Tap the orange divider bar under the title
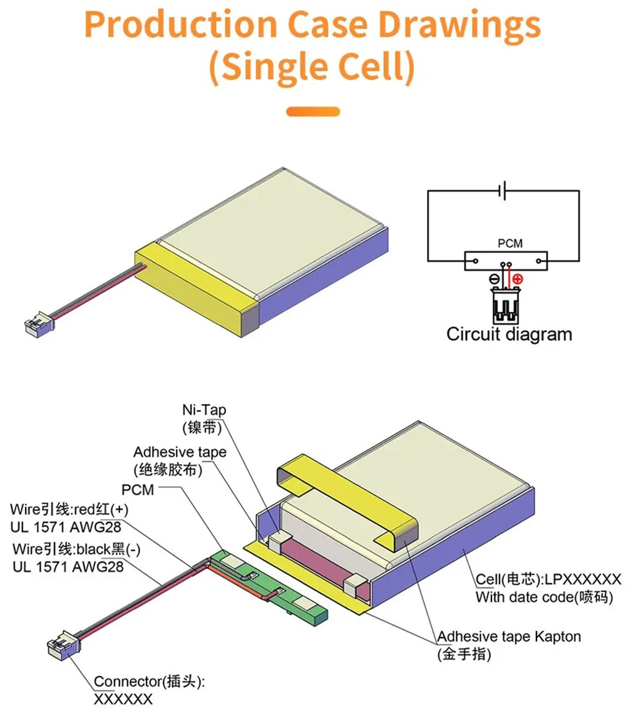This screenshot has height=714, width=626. point(313,111)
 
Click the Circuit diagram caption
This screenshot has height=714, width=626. point(509,334)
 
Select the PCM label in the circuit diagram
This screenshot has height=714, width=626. point(510,243)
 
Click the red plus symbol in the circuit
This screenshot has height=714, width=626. point(518,279)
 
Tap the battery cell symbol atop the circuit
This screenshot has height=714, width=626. point(503,190)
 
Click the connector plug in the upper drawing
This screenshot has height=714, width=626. point(39,324)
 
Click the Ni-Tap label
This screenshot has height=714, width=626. point(204,418)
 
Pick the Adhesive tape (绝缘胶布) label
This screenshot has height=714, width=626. point(180,460)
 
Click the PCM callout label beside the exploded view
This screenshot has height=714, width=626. point(138,490)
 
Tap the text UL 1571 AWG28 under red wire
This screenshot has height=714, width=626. point(66,527)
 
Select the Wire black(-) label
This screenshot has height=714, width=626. point(76,549)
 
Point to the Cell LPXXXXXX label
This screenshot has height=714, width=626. point(548,579)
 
